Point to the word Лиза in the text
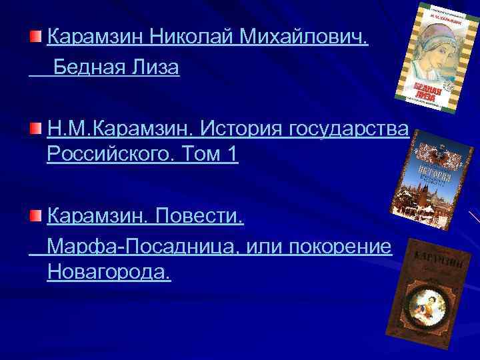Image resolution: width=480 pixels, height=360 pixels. click(x=157, y=68)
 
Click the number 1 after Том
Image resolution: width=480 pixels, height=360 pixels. click(x=231, y=155)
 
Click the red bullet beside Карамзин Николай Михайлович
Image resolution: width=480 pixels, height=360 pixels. click(x=36, y=34)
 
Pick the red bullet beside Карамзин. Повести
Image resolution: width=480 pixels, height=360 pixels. click(x=36, y=215)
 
